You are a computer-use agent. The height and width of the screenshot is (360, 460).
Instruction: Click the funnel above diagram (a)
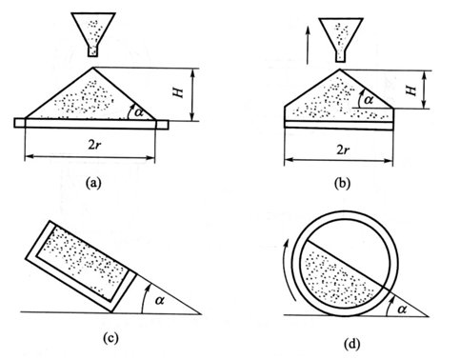click(92, 34)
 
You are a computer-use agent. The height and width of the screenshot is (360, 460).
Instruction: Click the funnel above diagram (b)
click(341, 40)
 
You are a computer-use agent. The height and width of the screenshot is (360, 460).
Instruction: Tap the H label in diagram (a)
click(178, 92)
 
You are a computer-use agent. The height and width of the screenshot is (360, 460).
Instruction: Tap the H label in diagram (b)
click(411, 90)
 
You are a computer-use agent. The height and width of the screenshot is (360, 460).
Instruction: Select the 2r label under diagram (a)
click(94, 146)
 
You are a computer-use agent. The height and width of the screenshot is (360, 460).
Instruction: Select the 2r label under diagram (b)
click(343, 150)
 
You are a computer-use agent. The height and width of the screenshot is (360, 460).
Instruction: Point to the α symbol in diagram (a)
click(139, 111)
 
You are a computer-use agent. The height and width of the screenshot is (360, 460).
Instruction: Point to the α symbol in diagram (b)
click(369, 100)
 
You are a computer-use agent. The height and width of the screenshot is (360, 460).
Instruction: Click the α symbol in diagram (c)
click(159, 299)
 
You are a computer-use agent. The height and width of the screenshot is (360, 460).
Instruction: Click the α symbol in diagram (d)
click(402, 309)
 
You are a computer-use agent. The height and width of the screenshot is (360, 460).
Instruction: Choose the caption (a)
click(93, 183)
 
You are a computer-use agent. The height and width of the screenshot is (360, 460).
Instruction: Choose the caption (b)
click(342, 184)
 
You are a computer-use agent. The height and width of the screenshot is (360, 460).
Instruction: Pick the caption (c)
click(110, 338)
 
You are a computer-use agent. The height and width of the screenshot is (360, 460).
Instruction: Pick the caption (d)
click(352, 344)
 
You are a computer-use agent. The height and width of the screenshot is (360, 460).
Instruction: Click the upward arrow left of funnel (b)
click(308, 46)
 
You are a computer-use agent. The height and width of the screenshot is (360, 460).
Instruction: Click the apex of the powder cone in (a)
click(93, 68)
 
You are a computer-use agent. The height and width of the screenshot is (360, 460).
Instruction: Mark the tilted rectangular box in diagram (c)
click(81, 266)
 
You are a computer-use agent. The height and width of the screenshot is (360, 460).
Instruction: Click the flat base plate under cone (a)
click(91, 124)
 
